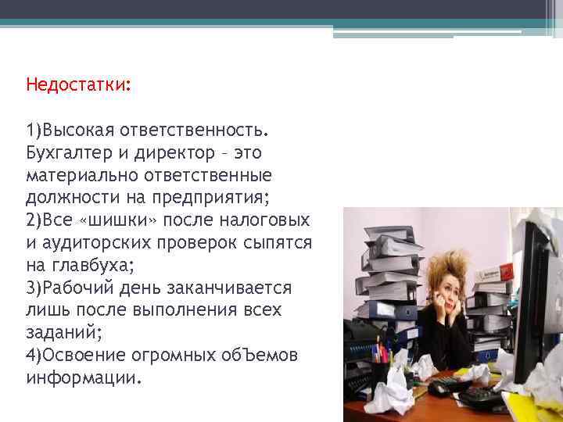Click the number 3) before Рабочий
click(34, 288)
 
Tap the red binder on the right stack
click(489, 277)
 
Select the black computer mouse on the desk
click(441, 385)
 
